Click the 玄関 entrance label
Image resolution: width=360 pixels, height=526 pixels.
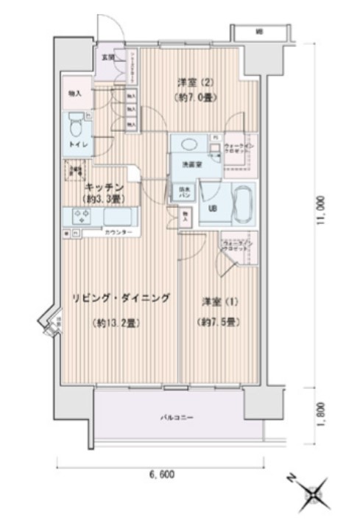point(107,56)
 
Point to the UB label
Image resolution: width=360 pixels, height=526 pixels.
point(213,208)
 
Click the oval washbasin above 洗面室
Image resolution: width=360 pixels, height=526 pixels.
point(186,145)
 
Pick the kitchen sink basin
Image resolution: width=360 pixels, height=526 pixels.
point(118,218)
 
